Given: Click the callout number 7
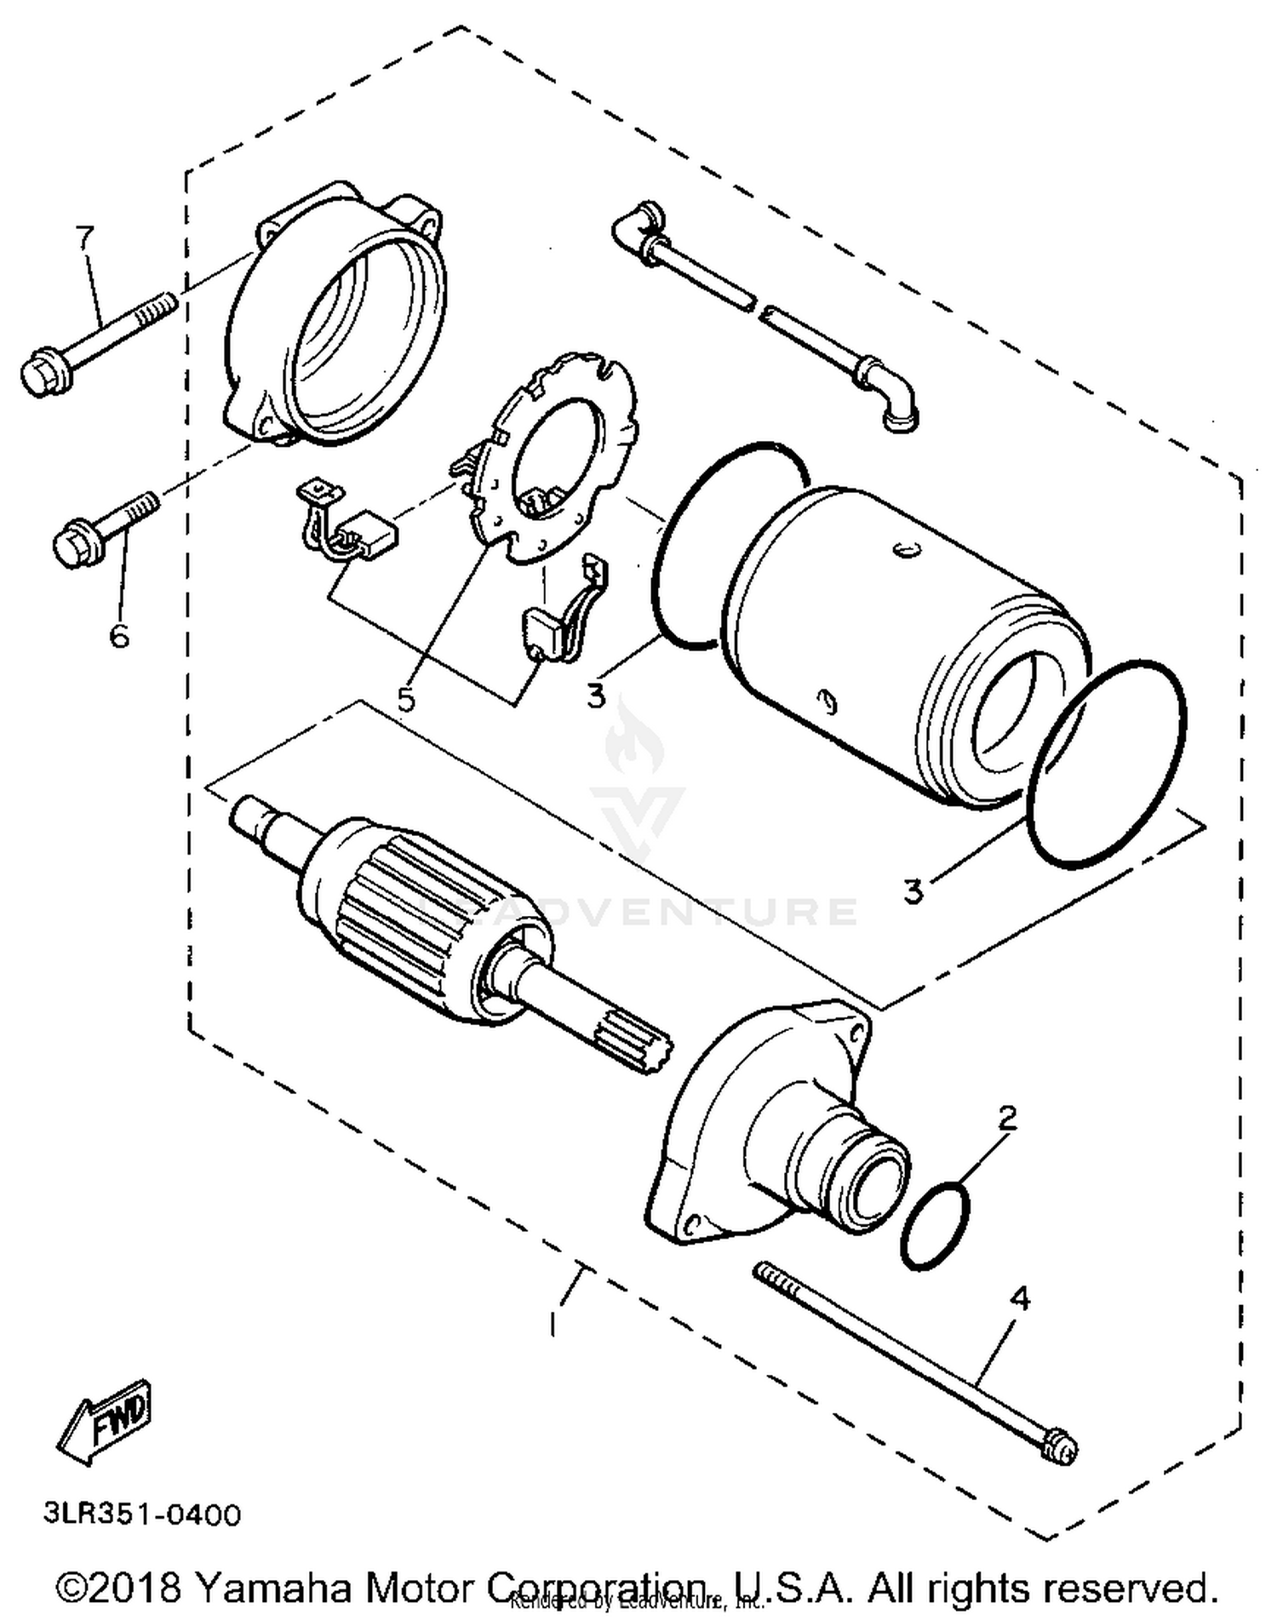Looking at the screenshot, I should pos(83,238).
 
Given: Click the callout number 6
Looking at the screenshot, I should pos(119,634).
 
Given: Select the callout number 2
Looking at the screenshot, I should pos(1007,1118).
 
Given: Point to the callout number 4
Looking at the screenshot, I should pos(1019,1299).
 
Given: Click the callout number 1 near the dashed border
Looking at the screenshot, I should pos(554,1324).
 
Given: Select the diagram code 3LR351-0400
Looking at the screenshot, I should pos(142,1514).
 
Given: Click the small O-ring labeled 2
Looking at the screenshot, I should pos(935,1224).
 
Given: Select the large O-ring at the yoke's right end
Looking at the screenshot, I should pos(1107,764).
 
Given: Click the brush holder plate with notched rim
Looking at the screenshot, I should pos(558,460).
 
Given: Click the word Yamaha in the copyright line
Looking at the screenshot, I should pos(273,1587).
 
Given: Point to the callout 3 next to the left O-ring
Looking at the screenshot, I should pos(597,695).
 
